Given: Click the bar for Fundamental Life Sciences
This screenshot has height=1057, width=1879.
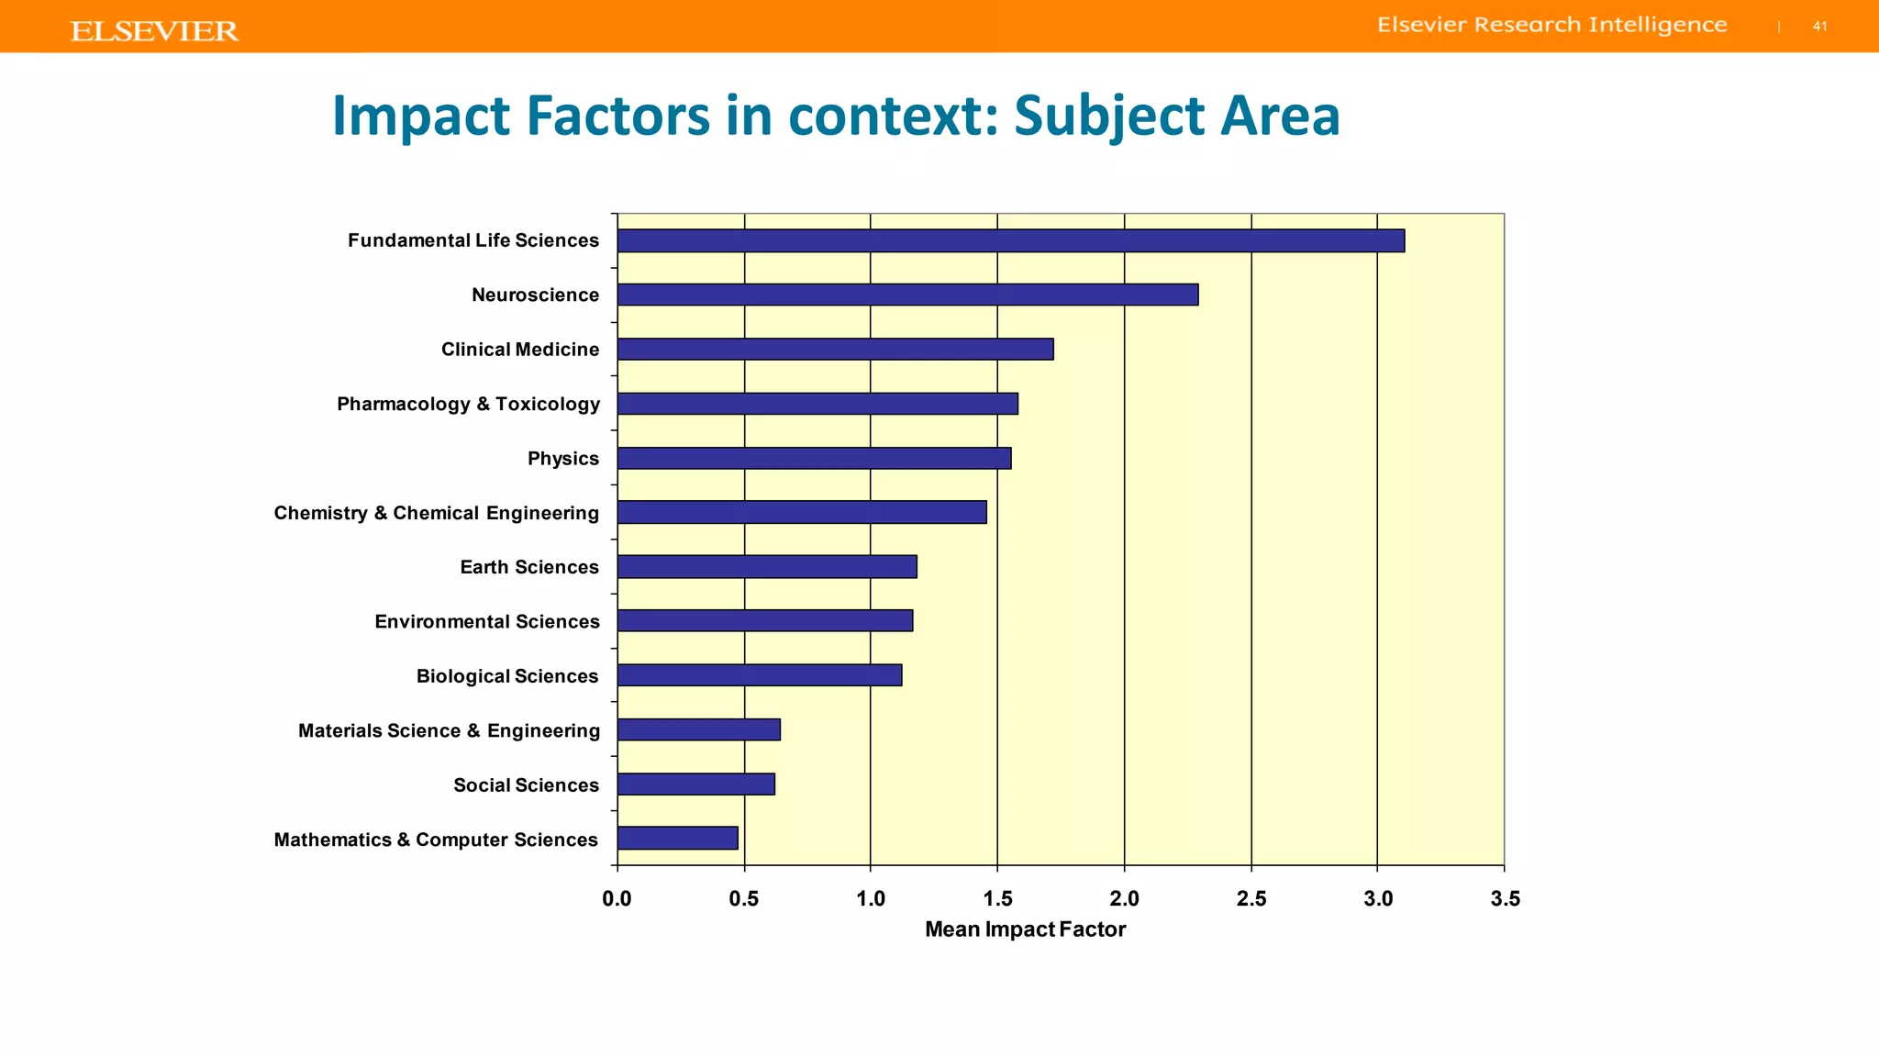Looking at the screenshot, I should point(1010,240).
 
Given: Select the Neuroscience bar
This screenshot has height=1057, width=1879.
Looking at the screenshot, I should point(907,295).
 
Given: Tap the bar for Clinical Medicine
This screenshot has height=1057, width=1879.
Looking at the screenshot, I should point(835,350).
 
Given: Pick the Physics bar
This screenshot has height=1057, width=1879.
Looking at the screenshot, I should point(814,458).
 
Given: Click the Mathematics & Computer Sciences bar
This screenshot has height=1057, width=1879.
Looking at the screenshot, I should point(677,839).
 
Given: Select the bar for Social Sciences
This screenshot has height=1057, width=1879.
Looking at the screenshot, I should point(695,784).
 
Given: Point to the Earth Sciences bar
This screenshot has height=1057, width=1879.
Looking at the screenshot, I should point(767,567).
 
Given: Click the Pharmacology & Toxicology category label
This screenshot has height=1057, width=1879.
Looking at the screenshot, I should point(468,405).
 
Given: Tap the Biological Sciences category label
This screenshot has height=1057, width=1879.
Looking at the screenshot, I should point(506,676).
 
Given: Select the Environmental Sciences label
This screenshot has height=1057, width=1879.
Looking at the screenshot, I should point(486,622).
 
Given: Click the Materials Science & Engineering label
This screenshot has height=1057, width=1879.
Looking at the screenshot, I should point(449,730).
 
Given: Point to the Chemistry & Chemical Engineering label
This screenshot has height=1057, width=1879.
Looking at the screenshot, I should point(436,513).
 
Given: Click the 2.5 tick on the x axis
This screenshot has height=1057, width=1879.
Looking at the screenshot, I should point(1251,899).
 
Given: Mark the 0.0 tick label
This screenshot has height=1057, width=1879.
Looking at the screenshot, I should point(617,899).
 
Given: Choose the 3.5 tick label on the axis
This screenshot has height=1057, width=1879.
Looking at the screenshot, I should point(1505,899).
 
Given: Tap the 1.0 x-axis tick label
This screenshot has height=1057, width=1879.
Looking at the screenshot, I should point(871,899).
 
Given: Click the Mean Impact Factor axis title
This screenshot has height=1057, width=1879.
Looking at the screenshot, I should point(1025,929).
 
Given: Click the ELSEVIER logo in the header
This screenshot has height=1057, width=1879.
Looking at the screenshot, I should point(154,31).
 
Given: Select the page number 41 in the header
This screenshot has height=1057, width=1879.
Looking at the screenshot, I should point(1819,27).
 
